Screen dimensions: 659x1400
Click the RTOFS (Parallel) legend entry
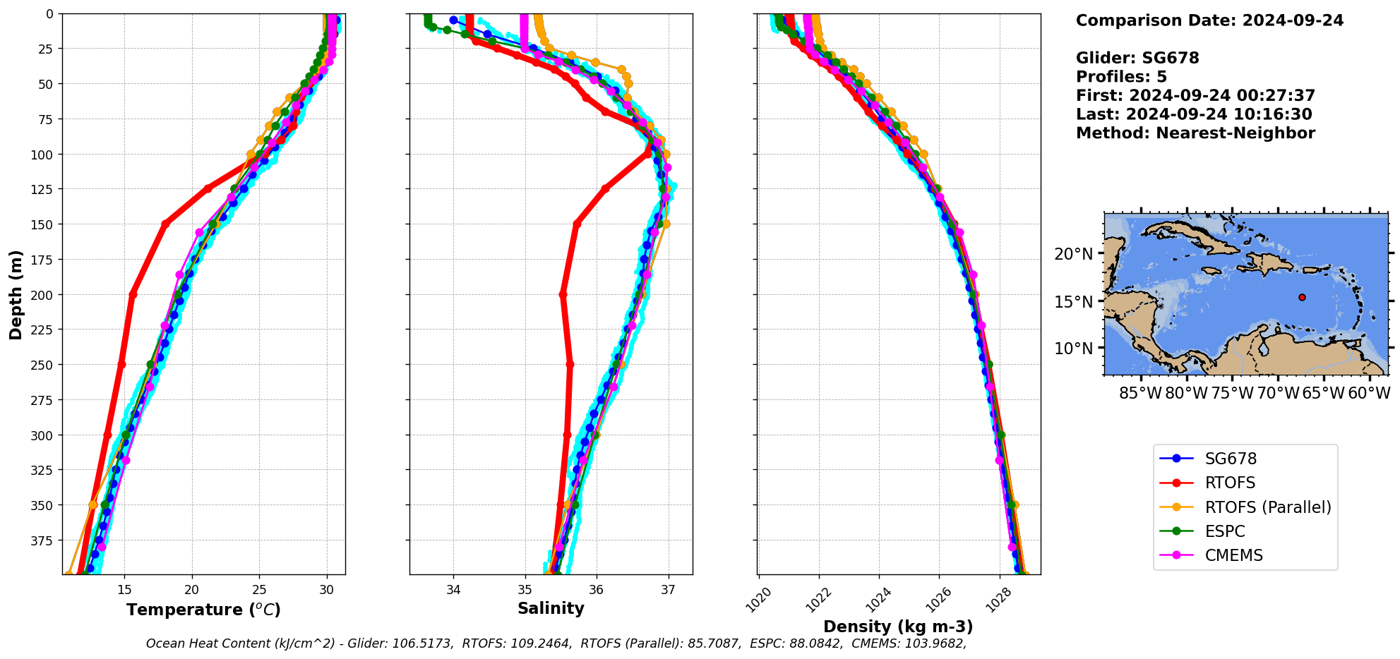click(1267, 507)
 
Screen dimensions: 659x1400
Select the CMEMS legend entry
click(1233, 555)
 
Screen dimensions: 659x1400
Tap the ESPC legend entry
click(1225, 531)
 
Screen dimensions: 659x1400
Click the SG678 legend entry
click(1231, 459)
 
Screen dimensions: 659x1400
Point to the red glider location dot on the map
click(1302, 298)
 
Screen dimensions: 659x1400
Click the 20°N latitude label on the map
click(1073, 254)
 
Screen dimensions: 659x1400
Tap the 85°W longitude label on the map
click(1140, 393)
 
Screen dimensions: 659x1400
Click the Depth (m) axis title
click(16, 294)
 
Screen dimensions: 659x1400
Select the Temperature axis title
click(203, 610)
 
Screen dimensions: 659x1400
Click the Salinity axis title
click(551, 608)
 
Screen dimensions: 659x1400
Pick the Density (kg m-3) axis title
click(898, 627)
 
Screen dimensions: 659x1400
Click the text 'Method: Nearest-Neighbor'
click(1195, 133)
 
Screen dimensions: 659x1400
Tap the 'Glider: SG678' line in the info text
click(1137, 58)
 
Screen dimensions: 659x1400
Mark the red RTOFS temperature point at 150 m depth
click(165, 224)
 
